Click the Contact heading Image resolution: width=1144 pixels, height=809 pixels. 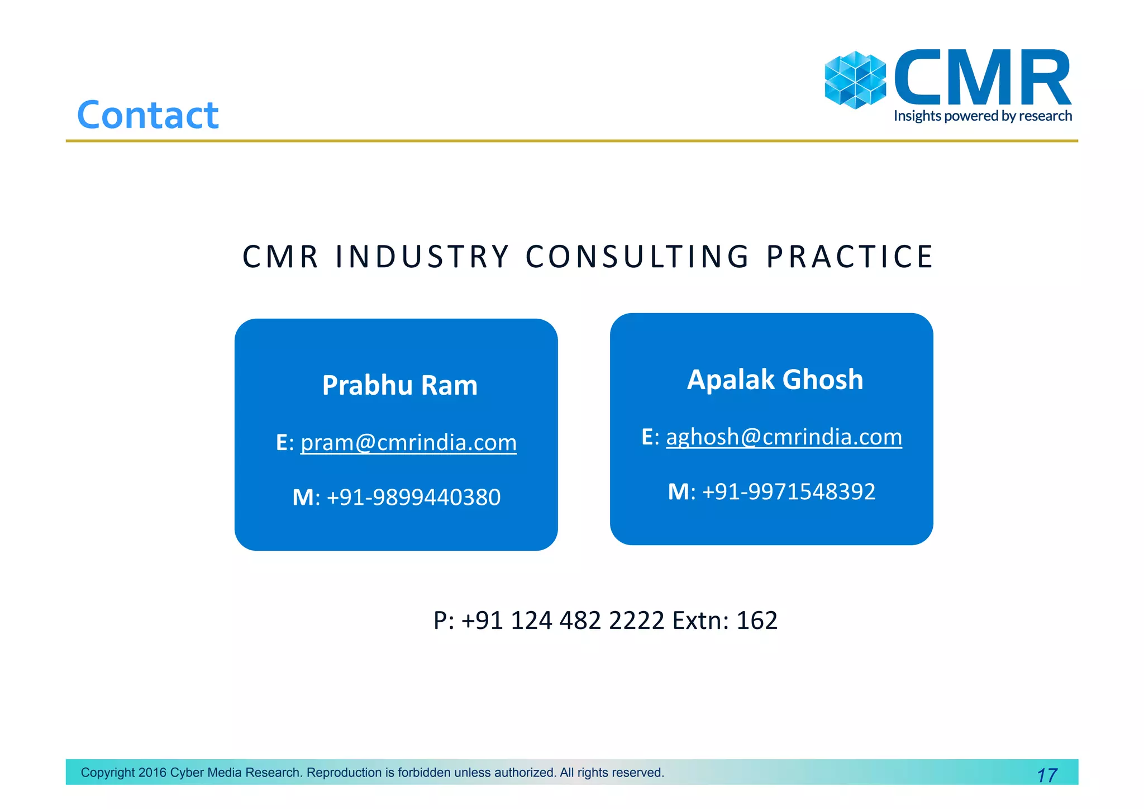coord(147,115)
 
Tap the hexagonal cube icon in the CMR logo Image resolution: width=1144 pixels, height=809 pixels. coord(855,80)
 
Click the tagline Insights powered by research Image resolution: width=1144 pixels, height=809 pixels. coord(983,116)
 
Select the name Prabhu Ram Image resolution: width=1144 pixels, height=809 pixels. coord(400,385)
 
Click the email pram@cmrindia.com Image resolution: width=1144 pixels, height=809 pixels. coord(408,443)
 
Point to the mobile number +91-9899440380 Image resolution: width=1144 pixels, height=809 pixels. coord(413,497)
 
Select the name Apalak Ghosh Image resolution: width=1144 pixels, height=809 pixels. coord(775,380)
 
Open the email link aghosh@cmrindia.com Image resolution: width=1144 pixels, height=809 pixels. coord(784,437)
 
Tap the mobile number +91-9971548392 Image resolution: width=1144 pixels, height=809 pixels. coord(788,492)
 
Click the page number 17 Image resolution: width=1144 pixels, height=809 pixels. coord(1047,775)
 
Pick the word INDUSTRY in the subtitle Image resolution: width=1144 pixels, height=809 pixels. coord(422,257)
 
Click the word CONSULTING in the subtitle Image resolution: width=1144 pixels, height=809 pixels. coord(637,257)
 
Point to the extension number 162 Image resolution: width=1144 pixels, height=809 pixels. coord(757,621)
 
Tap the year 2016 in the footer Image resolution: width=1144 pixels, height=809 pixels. coord(152,773)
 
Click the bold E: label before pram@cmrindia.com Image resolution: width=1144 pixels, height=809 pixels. coord(284,443)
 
